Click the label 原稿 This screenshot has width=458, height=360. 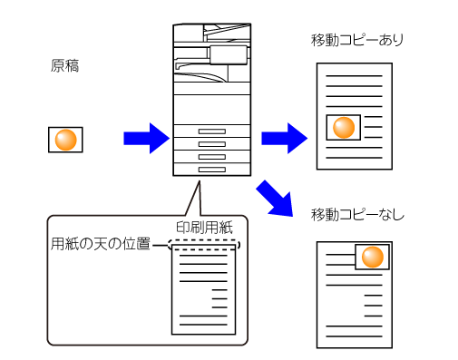click(64, 65)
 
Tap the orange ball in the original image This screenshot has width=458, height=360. click(65, 140)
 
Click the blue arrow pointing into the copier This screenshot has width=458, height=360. click(147, 138)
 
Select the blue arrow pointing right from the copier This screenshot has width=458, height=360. click(284, 138)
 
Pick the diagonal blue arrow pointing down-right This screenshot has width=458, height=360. click(276, 199)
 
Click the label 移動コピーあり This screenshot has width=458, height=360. click(357, 40)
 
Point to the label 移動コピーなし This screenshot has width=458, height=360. click(357, 215)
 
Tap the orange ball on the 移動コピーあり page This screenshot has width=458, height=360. click(344, 128)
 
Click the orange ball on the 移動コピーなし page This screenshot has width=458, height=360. click(373, 258)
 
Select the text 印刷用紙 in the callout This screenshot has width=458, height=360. click(204, 228)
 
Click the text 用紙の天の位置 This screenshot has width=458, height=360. click(101, 244)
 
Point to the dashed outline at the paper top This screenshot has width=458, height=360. click(204, 245)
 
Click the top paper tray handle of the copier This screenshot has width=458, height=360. click(212, 131)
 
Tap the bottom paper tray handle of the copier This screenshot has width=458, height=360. click(212, 170)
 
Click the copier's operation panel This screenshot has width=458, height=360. click(229, 55)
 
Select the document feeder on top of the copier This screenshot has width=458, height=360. click(212, 33)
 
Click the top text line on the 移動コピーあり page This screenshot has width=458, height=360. click(354, 76)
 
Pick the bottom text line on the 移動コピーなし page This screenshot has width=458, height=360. click(354, 336)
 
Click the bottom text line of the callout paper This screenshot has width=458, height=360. click(203, 325)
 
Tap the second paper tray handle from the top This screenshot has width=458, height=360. click(212, 144)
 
